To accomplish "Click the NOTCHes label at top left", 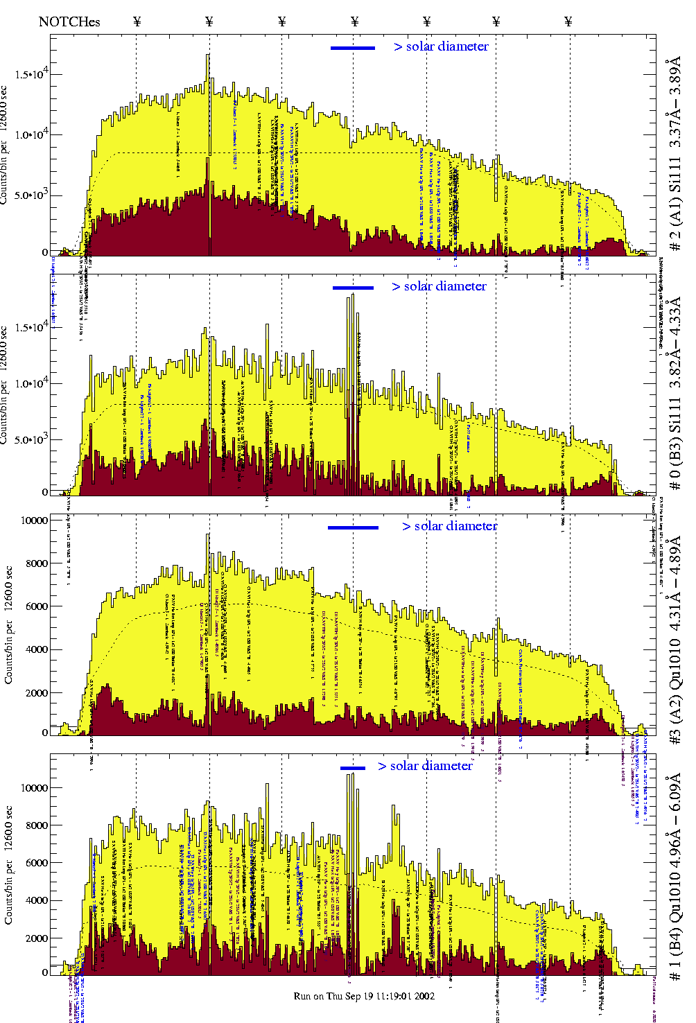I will pyautogui.click(x=69, y=21).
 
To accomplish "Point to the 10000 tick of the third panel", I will pyautogui.click(x=35, y=521).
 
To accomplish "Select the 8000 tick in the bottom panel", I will pyautogui.click(x=36, y=825).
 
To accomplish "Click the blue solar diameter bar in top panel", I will pyautogui.click(x=352, y=48).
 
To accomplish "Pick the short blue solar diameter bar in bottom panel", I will pyautogui.click(x=352, y=767).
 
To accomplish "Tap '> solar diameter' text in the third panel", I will pyautogui.click(x=449, y=526).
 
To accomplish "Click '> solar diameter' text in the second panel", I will pyautogui.click(x=439, y=286).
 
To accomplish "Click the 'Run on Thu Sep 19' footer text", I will pyautogui.click(x=364, y=996).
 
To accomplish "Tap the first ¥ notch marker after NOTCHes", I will pyautogui.click(x=137, y=21).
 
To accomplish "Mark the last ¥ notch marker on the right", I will pyautogui.click(x=568, y=21).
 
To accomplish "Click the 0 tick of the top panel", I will pyautogui.click(x=44, y=253).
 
